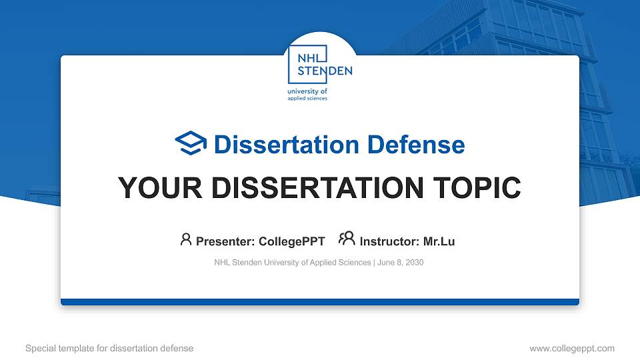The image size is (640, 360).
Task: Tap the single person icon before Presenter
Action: tap(186, 240)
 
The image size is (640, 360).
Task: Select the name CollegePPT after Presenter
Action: tap(291, 241)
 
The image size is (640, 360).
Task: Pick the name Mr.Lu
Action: tap(439, 241)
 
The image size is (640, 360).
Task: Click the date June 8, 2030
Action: tap(401, 263)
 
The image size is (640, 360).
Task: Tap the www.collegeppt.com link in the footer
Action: tap(571, 348)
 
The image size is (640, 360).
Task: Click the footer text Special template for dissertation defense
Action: tap(109, 348)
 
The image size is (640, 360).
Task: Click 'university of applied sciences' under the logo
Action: tap(307, 94)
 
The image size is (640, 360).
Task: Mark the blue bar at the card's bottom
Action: tap(320, 302)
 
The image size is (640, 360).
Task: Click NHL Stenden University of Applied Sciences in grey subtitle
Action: tap(292, 263)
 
